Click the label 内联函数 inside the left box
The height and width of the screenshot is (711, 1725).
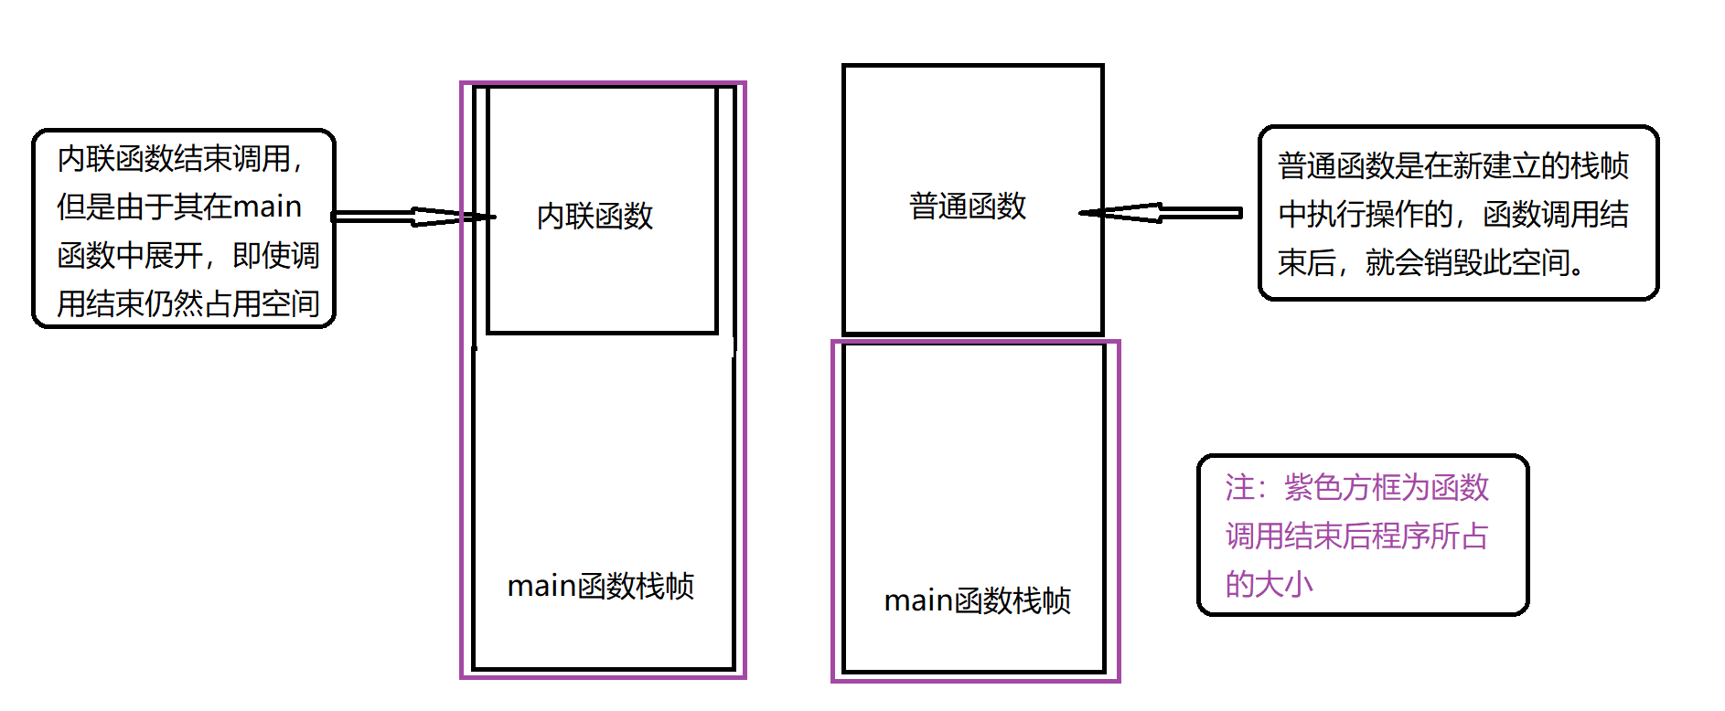click(x=595, y=217)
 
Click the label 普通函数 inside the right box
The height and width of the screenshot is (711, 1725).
click(x=968, y=207)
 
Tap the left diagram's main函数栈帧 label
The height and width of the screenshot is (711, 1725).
click(x=601, y=586)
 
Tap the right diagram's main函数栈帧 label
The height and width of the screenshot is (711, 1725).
click(x=977, y=600)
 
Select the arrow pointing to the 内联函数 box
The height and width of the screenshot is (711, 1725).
click(x=412, y=217)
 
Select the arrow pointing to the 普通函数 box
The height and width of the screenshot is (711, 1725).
click(x=1162, y=213)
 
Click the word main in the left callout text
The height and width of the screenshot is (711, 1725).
click(x=267, y=207)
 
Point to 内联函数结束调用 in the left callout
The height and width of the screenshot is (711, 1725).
click(x=174, y=159)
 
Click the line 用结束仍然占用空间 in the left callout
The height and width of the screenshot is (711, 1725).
click(x=188, y=303)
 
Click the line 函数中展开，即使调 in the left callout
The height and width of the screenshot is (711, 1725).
click(x=188, y=255)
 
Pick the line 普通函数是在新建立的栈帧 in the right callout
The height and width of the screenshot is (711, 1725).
click(x=1452, y=166)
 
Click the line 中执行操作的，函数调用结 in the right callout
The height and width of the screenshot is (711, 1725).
click(x=1452, y=215)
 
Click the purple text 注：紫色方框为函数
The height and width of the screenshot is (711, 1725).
click(x=1357, y=487)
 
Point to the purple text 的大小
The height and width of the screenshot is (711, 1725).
click(x=1270, y=584)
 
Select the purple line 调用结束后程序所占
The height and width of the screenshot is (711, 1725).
click(x=1357, y=536)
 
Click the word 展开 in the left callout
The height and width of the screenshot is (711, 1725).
click(x=174, y=255)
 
